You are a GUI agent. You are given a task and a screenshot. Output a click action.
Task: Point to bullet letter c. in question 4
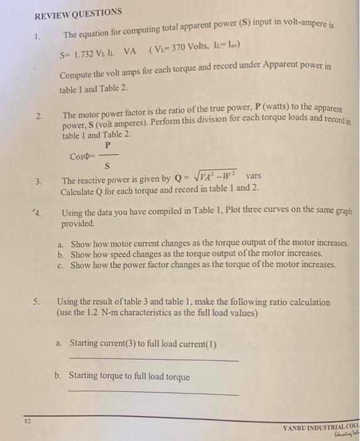coord(60,265)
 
